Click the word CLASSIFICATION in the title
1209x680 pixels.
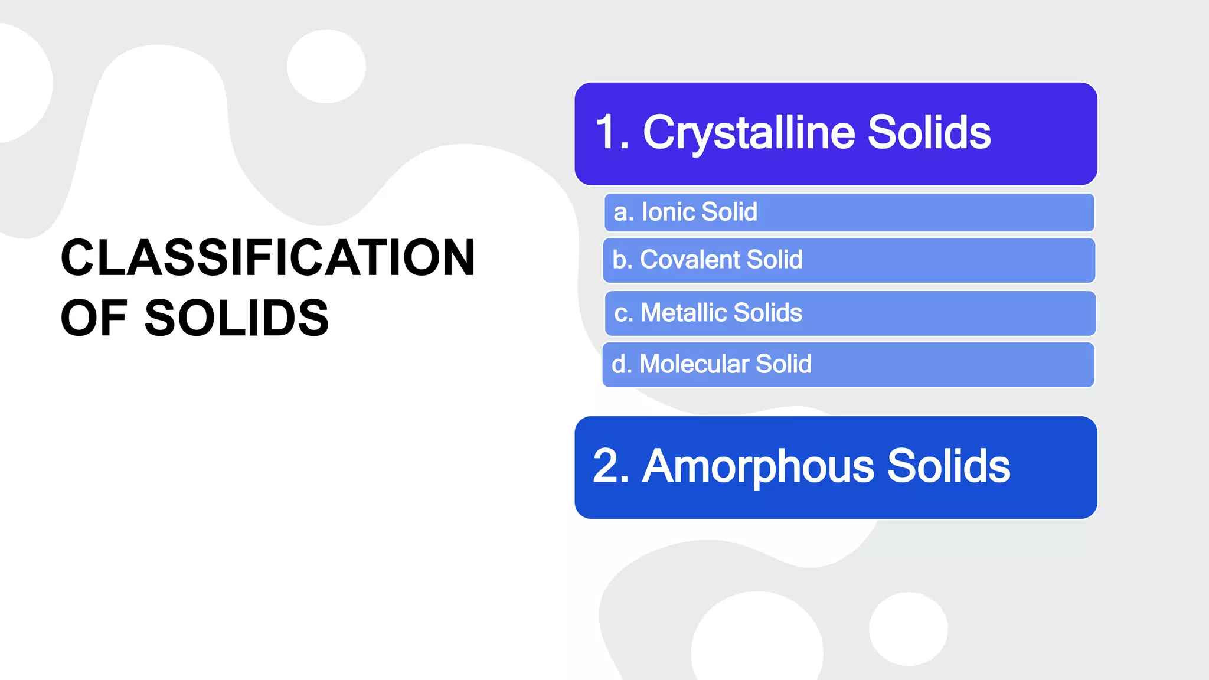267,257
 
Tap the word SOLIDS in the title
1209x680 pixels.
236,318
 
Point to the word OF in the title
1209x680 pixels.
93,318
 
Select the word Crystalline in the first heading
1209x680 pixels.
749,133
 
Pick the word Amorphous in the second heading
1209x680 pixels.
758,466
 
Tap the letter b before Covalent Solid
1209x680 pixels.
619,260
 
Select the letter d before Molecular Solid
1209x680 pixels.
619,364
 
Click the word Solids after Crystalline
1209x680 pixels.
929,133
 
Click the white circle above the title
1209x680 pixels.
326,66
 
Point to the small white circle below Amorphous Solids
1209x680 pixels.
908,629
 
